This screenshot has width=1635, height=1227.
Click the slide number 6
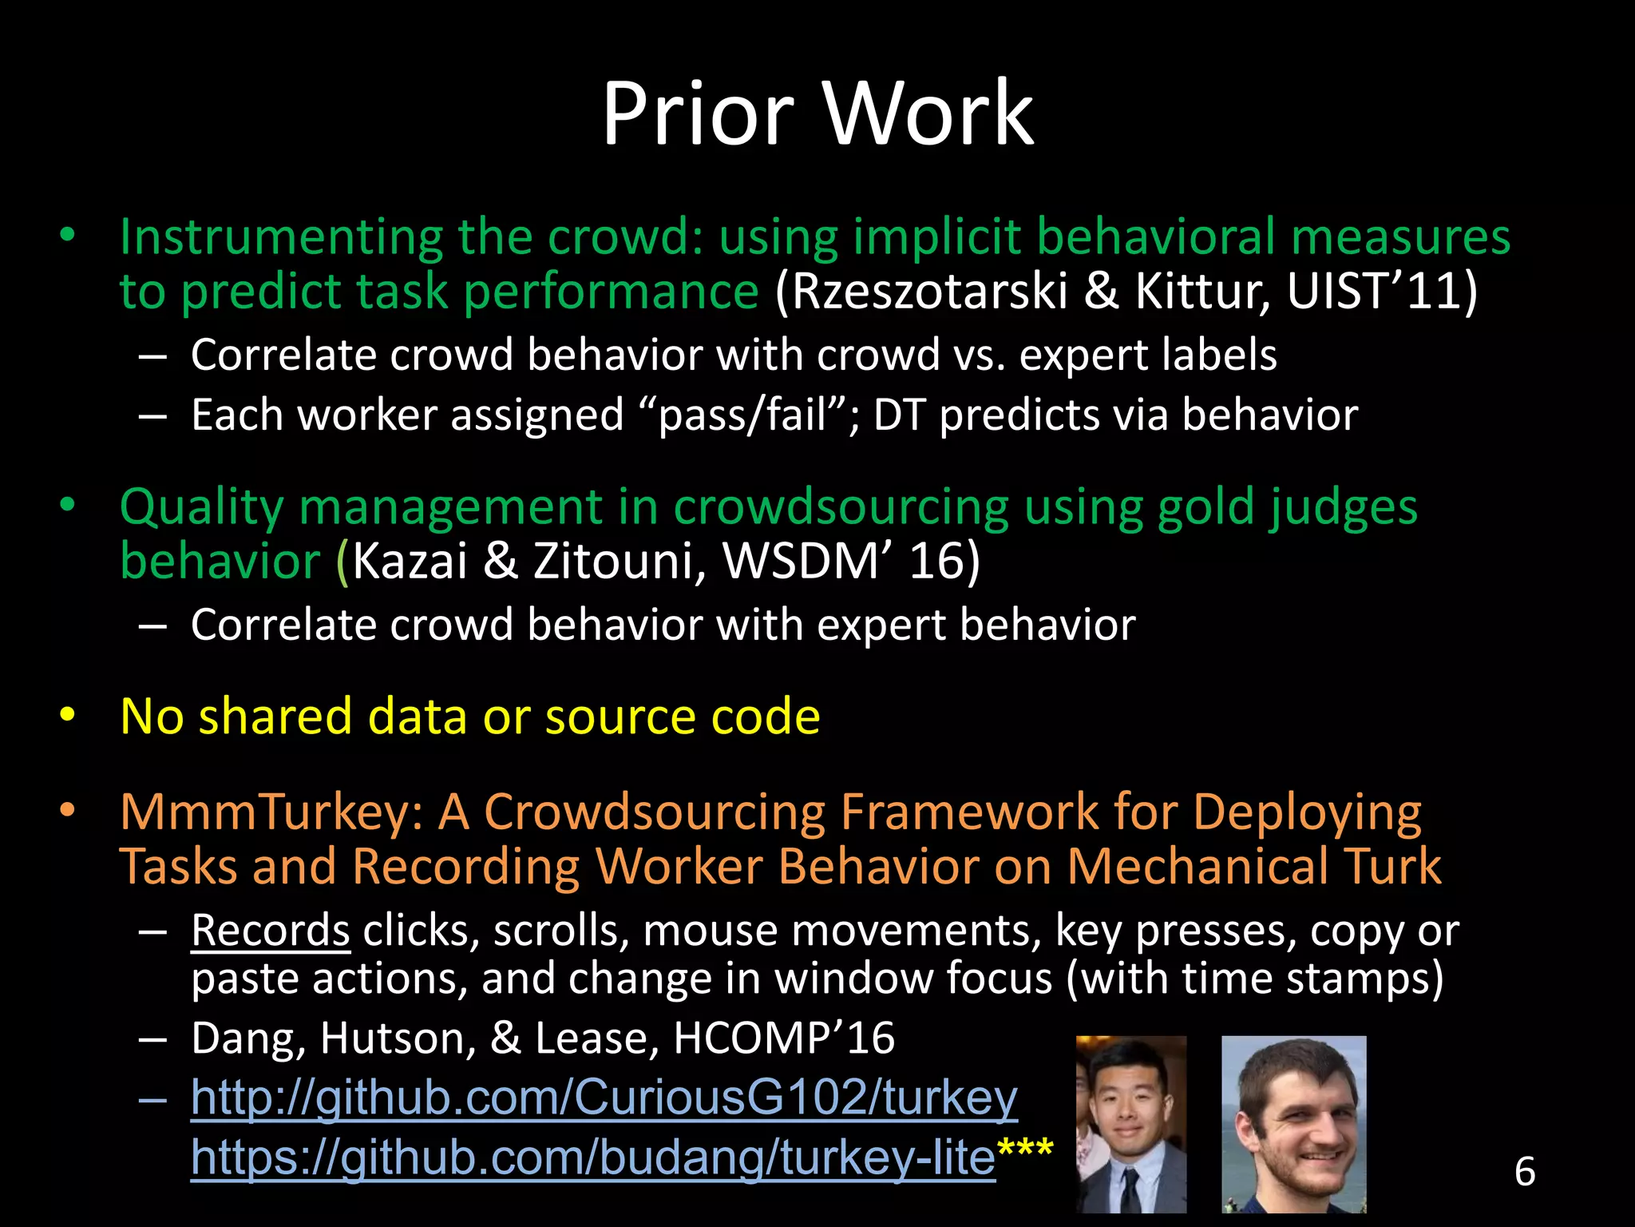tap(1524, 1171)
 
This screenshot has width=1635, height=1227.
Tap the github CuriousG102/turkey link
tap(604, 1097)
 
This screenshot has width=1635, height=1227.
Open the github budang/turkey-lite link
tap(592, 1157)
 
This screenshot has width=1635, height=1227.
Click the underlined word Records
tap(270, 931)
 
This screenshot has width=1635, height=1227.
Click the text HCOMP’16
tap(783, 1038)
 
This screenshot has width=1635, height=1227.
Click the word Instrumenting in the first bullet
tap(281, 237)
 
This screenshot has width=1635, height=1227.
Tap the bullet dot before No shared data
tap(67, 717)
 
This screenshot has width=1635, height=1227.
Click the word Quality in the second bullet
tap(201, 507)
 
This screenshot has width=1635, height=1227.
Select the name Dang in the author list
tap(247, 1038)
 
